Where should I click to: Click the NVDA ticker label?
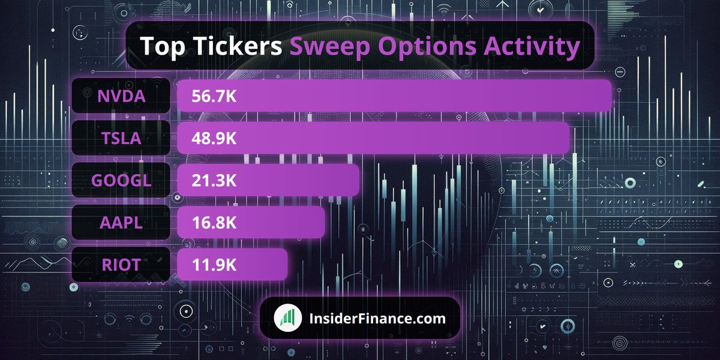[121, 96]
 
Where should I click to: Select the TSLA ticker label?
[121, 138]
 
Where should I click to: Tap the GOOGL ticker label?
[121, 180]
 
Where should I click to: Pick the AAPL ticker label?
[121, 223]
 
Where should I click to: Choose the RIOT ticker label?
[121, 265]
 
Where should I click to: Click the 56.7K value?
[214, 96]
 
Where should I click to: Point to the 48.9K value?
[214, 138]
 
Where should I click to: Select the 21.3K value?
[214, 180]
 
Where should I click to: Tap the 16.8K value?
[214, 223]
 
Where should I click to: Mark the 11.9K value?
[214, 265]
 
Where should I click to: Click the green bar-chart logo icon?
[288, 318]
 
